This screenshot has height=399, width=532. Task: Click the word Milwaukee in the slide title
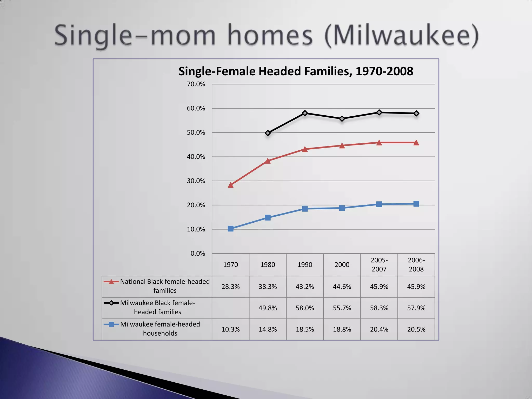pos(401,35)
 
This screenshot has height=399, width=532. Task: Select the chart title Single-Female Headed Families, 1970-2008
pos(296,71)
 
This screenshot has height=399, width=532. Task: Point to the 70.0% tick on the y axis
pos(196,84)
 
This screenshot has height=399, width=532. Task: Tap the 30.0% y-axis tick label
pos(196,181)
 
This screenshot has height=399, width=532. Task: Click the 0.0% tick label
pos(198,254)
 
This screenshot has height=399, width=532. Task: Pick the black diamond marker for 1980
pos(268,133)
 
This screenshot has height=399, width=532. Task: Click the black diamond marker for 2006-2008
pos(416,114)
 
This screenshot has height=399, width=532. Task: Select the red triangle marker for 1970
pos(231,185)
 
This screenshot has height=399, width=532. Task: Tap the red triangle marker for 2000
pos(342,146)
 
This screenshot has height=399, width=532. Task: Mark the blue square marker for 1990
pos(305,209)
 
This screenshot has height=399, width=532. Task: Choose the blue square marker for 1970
pos(231,229)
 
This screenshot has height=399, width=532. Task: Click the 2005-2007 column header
pos(379,265)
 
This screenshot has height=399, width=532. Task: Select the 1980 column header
pos(268,265)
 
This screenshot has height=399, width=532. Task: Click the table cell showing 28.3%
pos(231,287)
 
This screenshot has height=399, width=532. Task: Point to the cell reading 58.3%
pos(379,308)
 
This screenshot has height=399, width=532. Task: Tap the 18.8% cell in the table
pos(342,329)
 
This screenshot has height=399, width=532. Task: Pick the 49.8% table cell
pos(268,308)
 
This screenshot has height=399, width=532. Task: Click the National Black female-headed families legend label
pos(165,286)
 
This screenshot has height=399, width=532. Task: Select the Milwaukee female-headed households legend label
pos(160,329)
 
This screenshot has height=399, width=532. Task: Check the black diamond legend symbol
pos(111,303)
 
